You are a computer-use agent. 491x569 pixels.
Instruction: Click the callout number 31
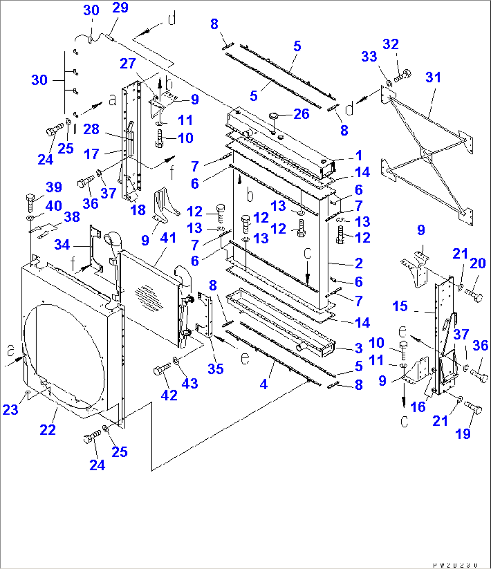click(433, 77)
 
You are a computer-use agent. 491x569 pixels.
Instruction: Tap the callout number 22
click(48, 429)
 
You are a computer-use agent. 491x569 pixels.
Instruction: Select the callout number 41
click(168, 238)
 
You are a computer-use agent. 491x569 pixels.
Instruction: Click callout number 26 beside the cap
click(301, 114)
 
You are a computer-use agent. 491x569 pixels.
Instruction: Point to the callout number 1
click(359, 156)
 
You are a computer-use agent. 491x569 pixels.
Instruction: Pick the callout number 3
click(359, 348)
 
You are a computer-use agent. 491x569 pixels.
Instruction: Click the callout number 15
click(400, 306)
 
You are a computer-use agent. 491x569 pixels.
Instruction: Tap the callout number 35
click(216, 369)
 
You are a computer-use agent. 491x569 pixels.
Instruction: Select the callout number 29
click(120, 8)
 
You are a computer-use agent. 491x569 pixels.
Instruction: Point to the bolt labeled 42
click(160, 371)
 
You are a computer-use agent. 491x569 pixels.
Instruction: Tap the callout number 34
click(62, 245)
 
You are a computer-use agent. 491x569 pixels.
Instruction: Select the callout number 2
click(359, 263)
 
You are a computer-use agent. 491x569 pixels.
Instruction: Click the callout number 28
click(91, 129)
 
